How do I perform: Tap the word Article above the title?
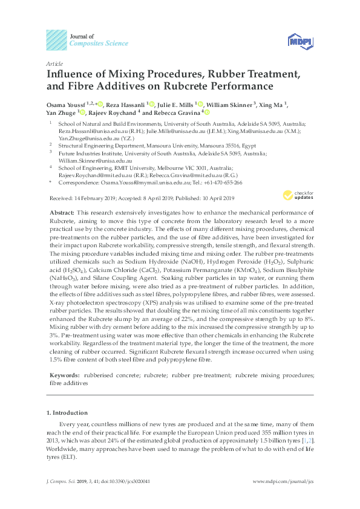pyautogui.click(x=54, y=63)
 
